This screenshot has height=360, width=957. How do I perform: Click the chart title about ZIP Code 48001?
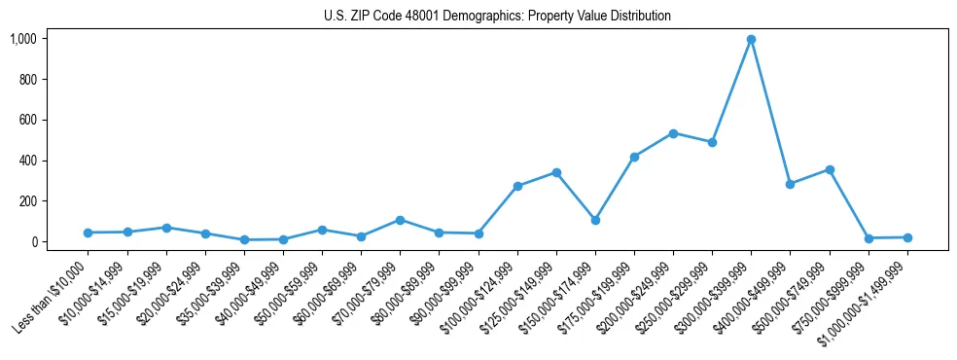click(497, 17)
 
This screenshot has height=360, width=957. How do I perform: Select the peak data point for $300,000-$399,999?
click(751, 40)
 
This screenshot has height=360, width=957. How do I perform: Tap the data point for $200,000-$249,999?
click(673, 133)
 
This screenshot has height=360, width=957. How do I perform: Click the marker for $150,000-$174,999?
click(595, 220)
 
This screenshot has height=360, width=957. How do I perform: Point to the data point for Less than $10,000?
click(89, 233)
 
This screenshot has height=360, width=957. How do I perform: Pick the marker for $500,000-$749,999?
click(830, 169)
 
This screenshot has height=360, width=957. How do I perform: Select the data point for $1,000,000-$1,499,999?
click(907, 237)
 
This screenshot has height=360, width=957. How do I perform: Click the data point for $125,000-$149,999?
click(556, 172)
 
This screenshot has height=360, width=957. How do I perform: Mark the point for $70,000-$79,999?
click(400, 220)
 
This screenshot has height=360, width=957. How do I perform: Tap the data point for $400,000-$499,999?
click(790, 184)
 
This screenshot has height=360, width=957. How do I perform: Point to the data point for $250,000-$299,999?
click(712, 142)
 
